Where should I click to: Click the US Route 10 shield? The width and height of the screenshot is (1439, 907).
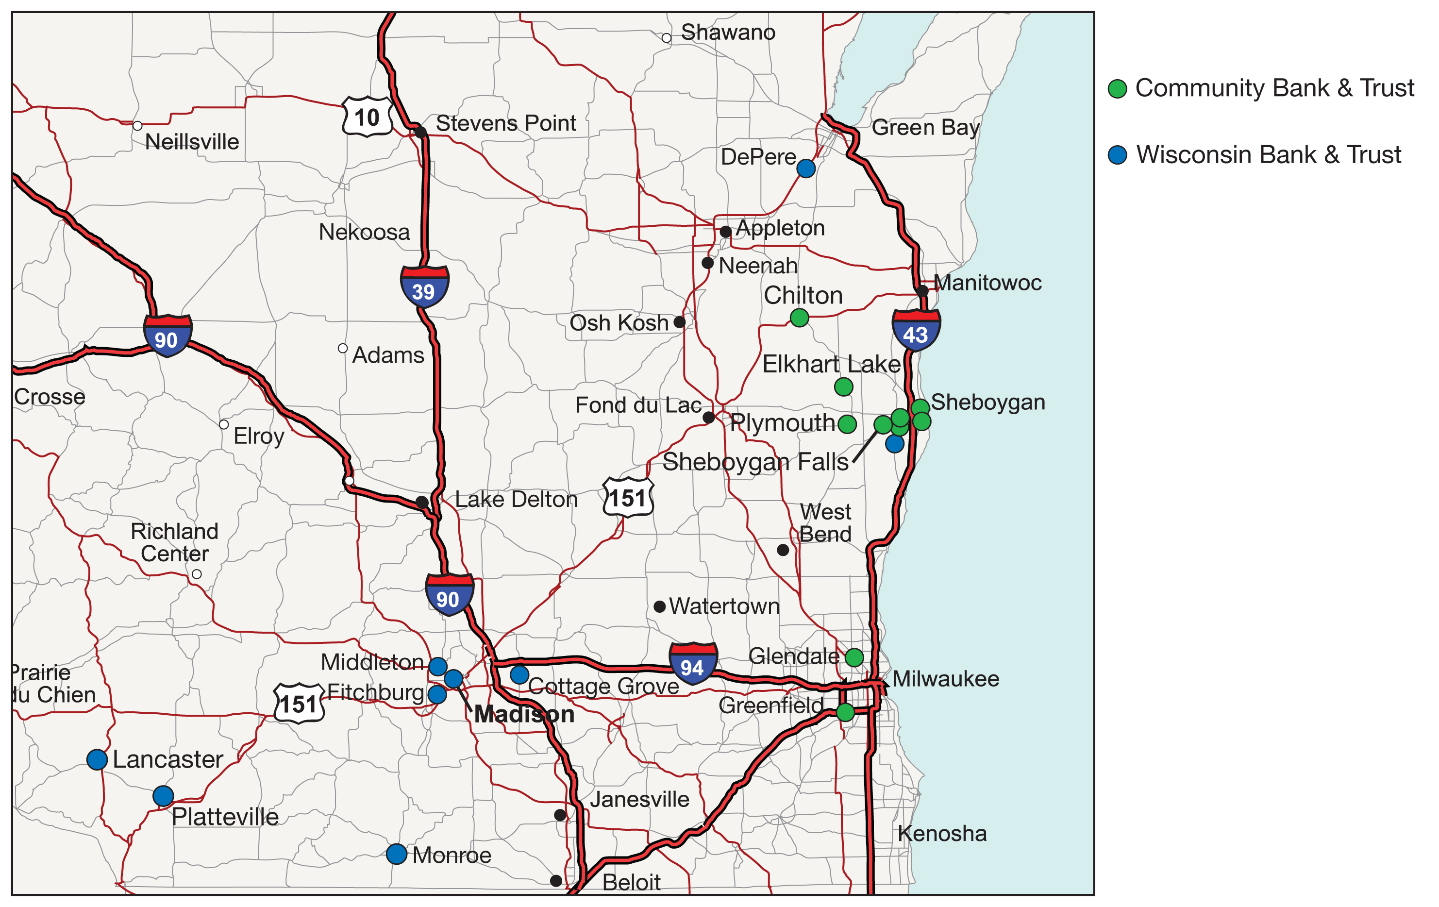point(367,117)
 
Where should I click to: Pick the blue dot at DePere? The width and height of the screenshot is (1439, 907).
point(805,168)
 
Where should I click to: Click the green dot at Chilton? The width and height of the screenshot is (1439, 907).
point(799,317)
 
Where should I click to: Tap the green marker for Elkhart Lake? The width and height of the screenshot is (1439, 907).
point(843,386)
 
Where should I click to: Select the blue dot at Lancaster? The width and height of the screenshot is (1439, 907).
point(97,759)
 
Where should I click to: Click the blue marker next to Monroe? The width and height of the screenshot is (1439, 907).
point(397,854)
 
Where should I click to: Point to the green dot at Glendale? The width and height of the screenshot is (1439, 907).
point(854,657)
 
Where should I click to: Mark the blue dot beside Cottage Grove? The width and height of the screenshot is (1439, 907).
point(519,674)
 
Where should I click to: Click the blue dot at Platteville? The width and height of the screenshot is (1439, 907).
point(163,796)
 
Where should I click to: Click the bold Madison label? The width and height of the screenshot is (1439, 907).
point(524,714)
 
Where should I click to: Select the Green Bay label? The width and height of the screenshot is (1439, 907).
point(925,127)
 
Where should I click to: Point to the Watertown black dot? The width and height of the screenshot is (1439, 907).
point(660,606)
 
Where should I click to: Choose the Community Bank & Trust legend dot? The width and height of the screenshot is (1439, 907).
point(1117,88)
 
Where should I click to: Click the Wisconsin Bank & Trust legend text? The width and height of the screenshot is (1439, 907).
point(1268,155)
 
